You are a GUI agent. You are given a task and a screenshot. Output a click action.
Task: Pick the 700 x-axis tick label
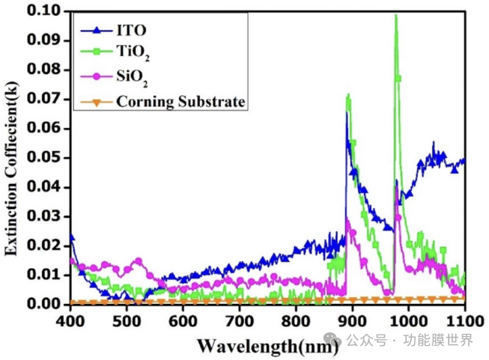click(x=239, y=320)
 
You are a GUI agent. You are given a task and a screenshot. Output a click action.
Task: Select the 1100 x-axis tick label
click(x=464, y=320)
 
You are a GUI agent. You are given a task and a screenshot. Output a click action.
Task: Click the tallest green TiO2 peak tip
click(x=395, y=16)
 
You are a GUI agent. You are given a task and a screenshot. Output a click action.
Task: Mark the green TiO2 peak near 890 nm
click(x=348, y=95)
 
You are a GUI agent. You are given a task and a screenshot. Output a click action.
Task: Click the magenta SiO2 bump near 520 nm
click(x=138, y=260)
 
